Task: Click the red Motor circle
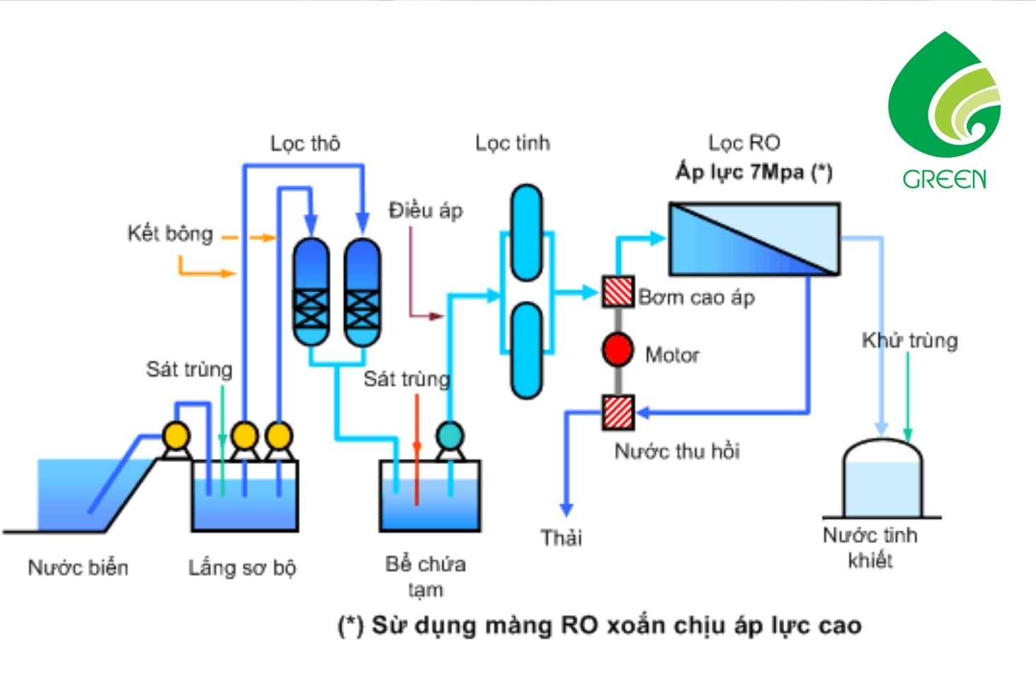coord(617,350)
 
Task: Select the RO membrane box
coord(754,238)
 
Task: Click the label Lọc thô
coord(305,144)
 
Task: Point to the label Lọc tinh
coord(513,143)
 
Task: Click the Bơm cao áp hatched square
coord(618,292)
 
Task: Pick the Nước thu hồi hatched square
coord(618,412)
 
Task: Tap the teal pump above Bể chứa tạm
coord(450,435)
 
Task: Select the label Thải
coord(562,538)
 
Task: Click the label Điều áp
coord(426,210)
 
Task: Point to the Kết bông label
coord(170,234)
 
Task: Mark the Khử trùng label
coord(910,340)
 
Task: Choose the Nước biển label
coord(79,568)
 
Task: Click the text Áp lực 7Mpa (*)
coord(754,172)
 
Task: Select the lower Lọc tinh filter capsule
coord(526,350)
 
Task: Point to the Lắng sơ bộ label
coord(242,568)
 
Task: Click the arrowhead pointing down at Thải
coord(566,509)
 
